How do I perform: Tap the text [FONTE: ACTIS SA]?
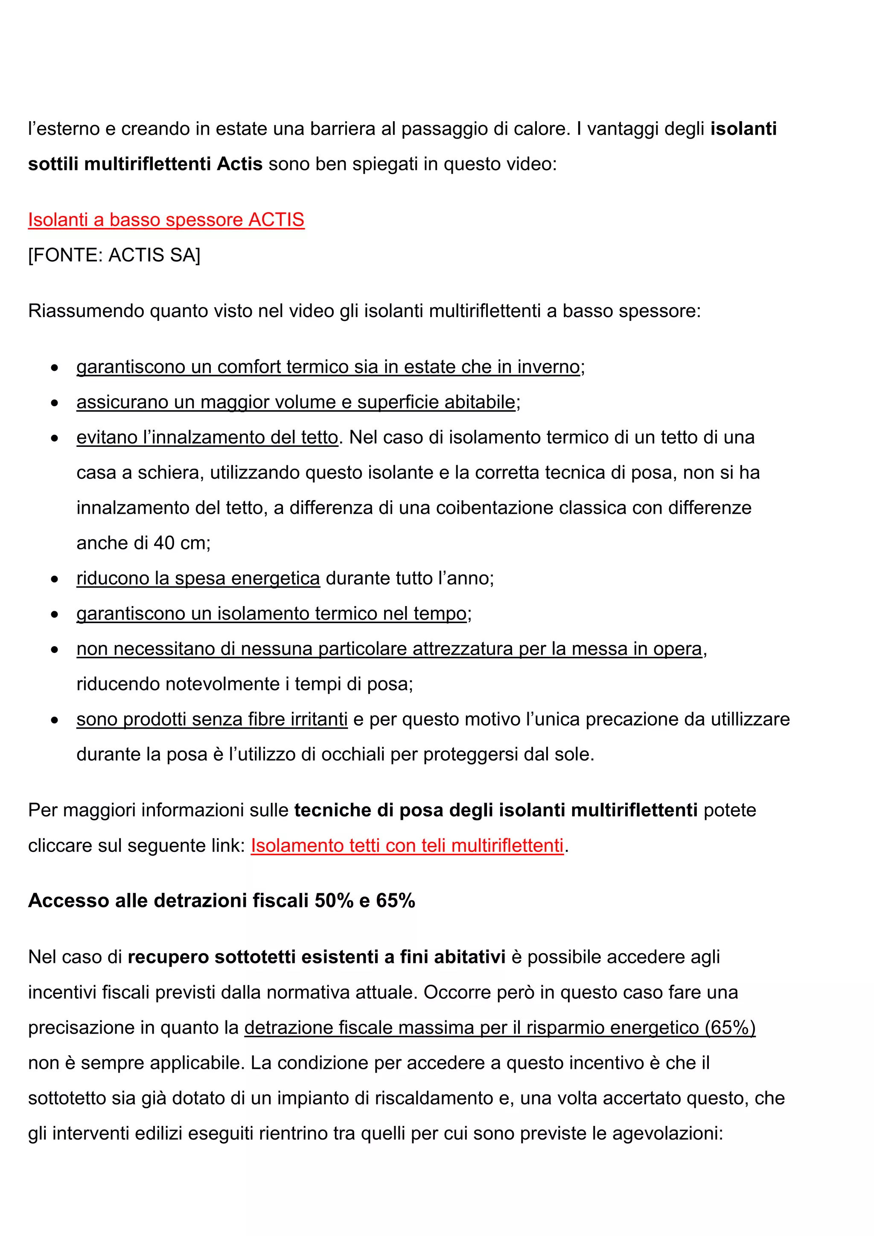pos(114,255)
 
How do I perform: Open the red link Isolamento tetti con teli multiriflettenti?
pos(407,846)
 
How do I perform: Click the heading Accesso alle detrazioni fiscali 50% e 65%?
pos(221,901)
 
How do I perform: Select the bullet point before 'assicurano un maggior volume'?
pos(54,402)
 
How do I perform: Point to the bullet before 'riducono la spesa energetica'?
pos(54,579)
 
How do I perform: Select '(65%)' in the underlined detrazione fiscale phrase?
pos(730,1028)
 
